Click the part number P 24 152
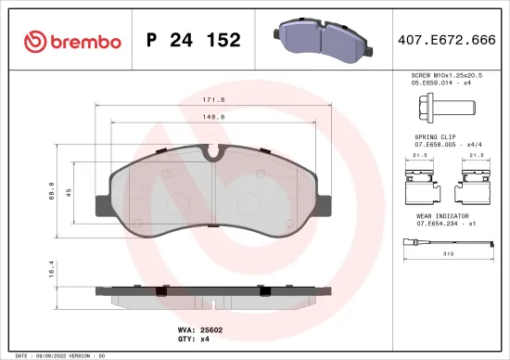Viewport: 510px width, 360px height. pos(194,40)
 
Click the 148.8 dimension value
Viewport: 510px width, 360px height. pos(215,118)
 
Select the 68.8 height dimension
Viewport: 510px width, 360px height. pos(53,192)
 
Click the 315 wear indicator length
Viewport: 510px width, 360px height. pos(448,253)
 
